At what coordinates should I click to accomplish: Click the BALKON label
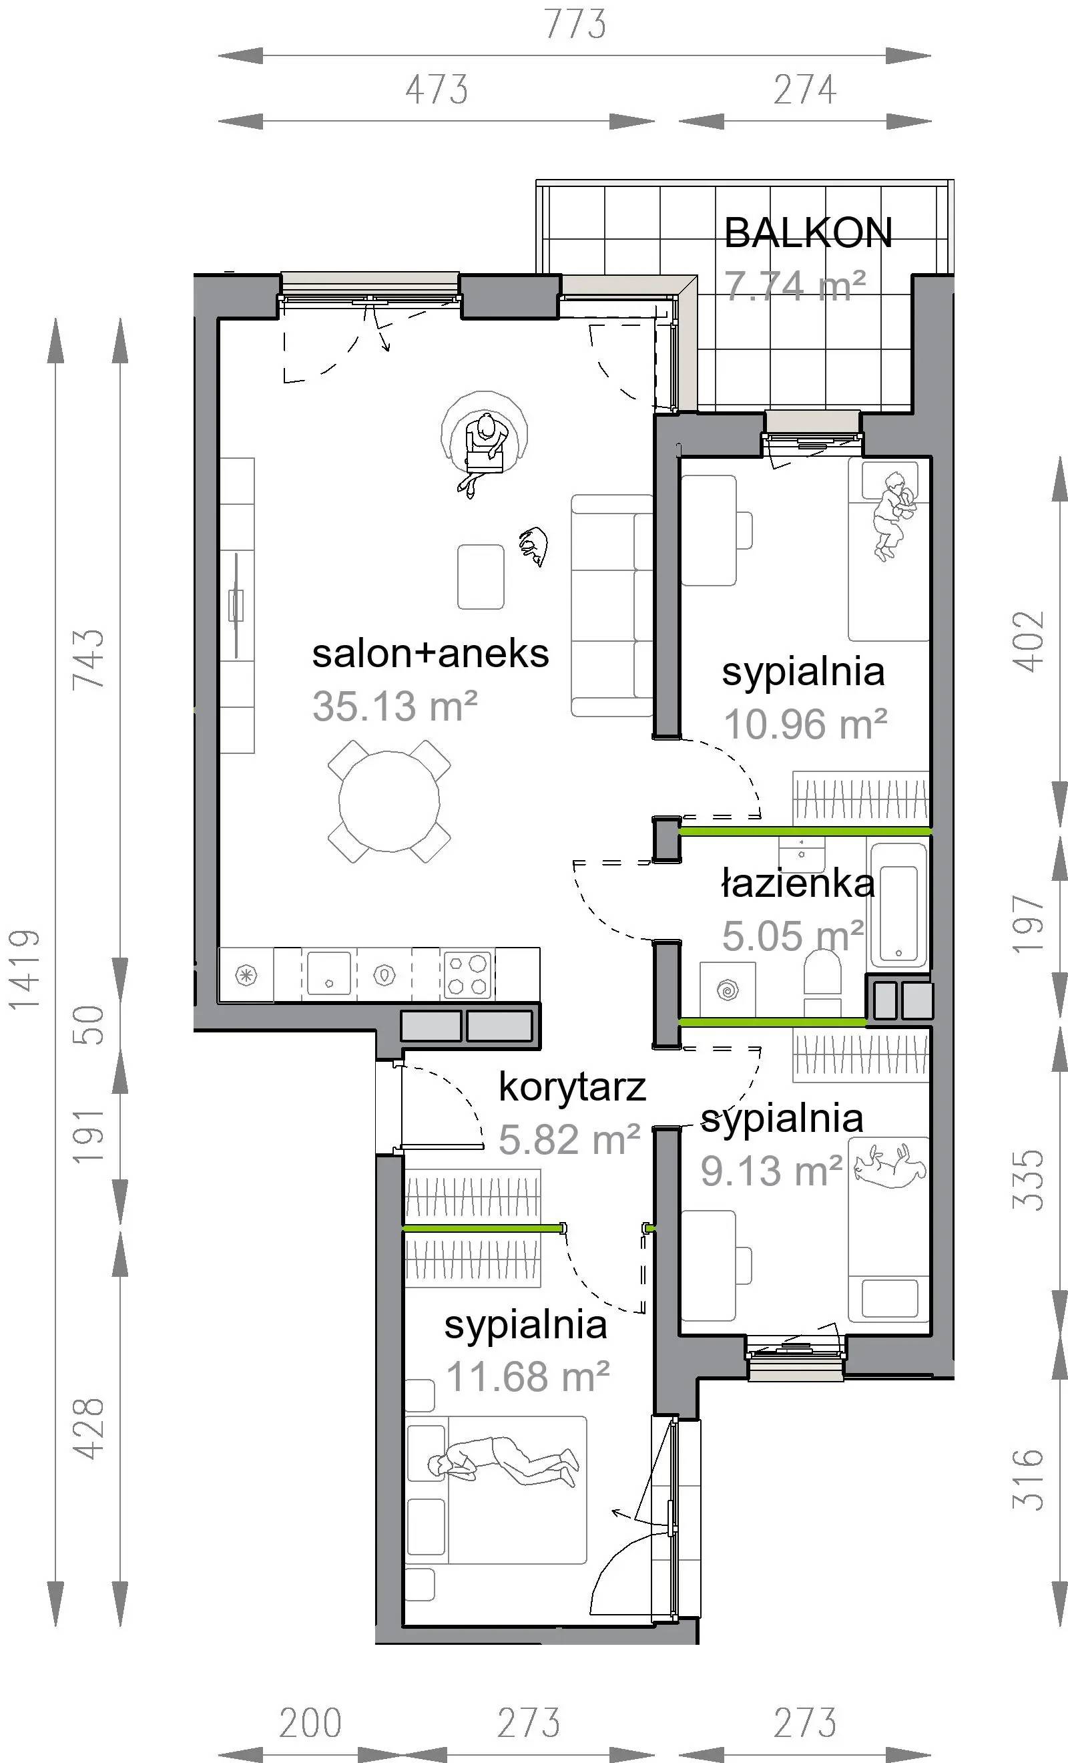808,233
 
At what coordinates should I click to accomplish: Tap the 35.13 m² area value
395,707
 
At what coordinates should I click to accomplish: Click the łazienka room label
798,884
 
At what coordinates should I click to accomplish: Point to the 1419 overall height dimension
23,970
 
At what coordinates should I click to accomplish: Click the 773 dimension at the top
576,23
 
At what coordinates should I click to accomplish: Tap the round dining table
389,801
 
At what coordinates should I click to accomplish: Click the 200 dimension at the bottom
310,1723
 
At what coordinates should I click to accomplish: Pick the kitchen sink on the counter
329,973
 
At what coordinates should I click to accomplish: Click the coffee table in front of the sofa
481,577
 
